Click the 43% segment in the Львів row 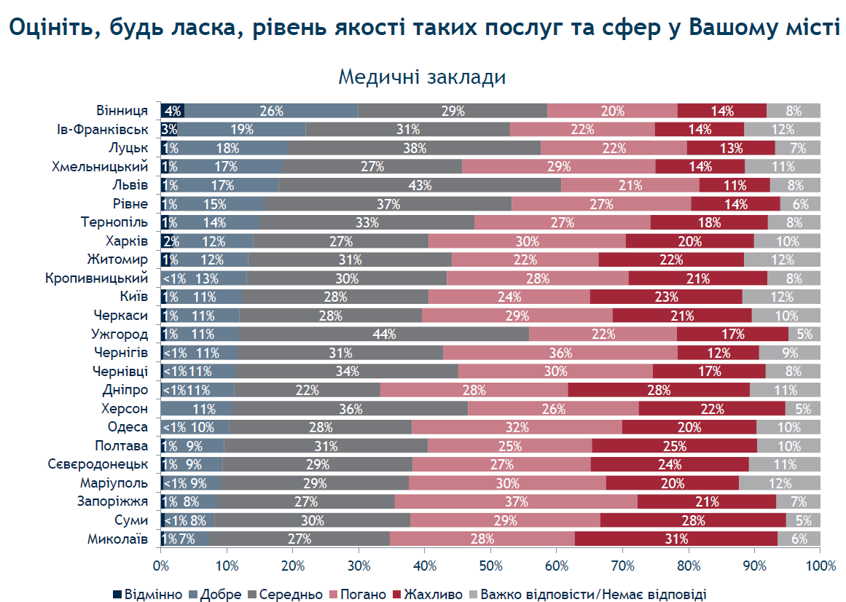420,185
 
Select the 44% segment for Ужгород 383,334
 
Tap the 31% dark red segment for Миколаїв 676,539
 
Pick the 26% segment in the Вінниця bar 271,111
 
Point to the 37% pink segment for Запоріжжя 516,501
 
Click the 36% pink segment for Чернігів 560,353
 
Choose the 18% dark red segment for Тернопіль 709,222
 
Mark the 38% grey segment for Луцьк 415,148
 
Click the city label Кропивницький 97,278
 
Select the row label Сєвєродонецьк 98,464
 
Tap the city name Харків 127,241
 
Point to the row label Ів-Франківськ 103,130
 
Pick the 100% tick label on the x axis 820,566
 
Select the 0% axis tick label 161,566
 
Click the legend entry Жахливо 427,595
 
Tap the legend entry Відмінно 147,595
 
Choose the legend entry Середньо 285,595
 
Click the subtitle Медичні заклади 422,77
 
